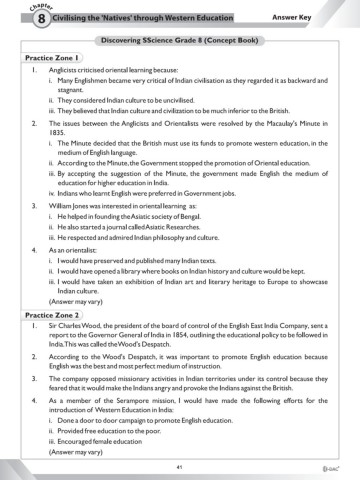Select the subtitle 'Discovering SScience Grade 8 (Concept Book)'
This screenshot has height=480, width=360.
(180, 40)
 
